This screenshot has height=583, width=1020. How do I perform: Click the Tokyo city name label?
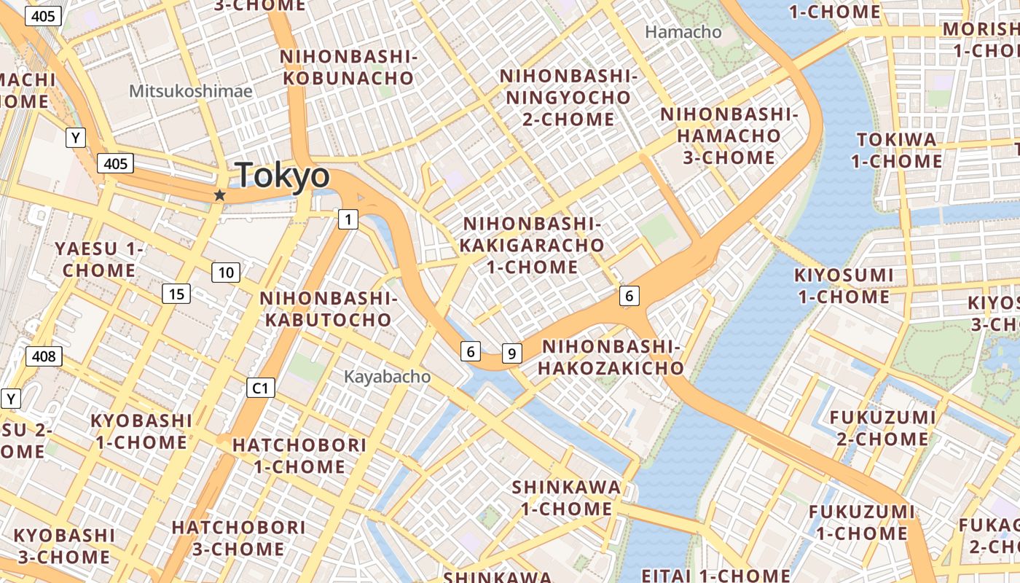point(282,176)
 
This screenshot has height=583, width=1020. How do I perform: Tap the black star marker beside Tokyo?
point(219,195)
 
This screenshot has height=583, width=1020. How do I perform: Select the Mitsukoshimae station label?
point(191,91)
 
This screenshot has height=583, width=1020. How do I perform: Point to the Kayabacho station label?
point(387,377)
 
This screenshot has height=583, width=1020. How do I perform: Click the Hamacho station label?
point(683,32)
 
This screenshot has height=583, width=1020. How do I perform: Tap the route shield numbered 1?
point(348,219)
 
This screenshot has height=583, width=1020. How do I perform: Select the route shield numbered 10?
point(226,273)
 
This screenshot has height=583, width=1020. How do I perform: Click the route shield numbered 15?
point(176,294)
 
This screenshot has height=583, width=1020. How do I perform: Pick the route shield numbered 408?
point(44,356)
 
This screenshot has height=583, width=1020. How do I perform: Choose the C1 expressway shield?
point(261,388)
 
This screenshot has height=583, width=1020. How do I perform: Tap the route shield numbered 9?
point(512,354)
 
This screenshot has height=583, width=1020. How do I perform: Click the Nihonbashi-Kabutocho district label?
point(329,309)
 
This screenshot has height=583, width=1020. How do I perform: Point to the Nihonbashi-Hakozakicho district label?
point(612,357)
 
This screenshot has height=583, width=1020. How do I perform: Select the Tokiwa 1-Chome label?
point(897,150)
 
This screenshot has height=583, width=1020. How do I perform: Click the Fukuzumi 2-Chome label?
point(882,428)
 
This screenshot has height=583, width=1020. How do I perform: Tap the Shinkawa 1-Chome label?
point(566,498)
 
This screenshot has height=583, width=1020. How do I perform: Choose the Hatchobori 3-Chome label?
point(238,538)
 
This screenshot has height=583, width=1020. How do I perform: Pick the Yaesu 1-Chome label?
point(99,259)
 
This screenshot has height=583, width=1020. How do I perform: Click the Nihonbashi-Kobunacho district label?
point(348,67)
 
